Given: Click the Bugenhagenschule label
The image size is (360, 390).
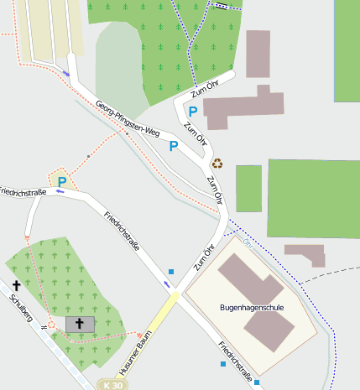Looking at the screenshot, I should click(x=252, y=308).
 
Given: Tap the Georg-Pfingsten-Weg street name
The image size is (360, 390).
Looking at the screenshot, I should click(x=127, y=118).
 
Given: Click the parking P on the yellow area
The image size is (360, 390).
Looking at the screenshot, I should click(x=61, y=180).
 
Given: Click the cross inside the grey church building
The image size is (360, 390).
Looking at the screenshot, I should click(x=81, y=323).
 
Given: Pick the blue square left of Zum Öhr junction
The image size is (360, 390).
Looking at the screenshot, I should click(x=170, y=271).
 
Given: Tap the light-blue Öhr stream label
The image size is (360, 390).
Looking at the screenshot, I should click(x=247, y=242).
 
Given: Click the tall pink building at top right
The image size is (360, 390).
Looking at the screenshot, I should click(x=258, y=54).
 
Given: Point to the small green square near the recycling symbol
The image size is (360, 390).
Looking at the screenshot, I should click(x=248, y=188).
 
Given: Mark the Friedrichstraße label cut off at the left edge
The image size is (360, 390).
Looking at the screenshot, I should click(x=22, y=192).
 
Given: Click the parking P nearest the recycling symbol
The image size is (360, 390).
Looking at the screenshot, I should click(x=174, y=146).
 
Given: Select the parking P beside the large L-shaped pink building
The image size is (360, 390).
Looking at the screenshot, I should click(x=193, y=111).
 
